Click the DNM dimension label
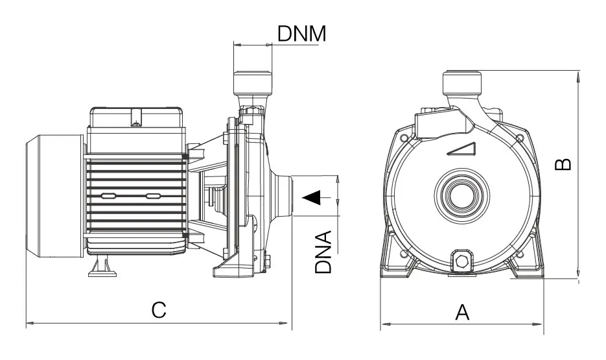[x=301, y=34]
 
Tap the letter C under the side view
[x=159, y=309]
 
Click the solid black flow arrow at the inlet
[x=314, y=196]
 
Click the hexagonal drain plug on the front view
[x=461, y=262]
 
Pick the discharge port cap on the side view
[x=252, y=82]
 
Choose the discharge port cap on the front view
[x=462, y=83]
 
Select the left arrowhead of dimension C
[x=29, y=322]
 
